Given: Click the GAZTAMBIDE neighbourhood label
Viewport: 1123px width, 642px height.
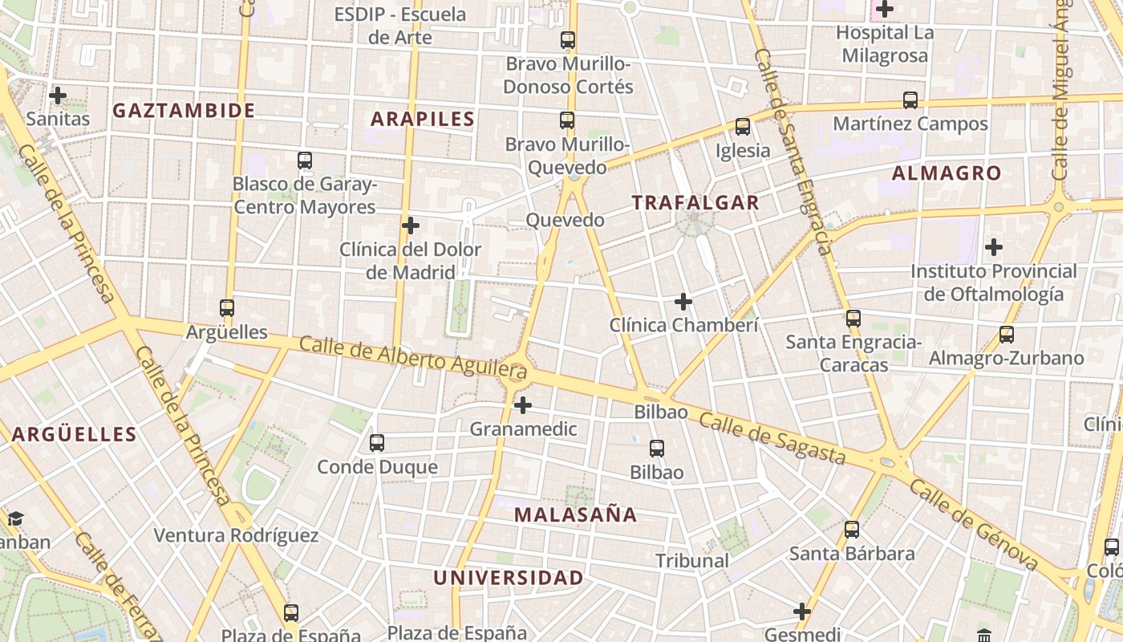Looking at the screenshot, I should (184, 111).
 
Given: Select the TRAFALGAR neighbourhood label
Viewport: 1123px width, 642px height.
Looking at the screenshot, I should (695, 203).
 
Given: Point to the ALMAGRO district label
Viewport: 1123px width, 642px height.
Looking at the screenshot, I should (947, 173).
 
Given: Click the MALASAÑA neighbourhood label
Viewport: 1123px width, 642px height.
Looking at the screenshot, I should (576, 515).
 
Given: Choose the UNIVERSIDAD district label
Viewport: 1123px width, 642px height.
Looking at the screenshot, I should (509, 578).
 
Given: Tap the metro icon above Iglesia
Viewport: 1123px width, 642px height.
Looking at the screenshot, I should (743, 127).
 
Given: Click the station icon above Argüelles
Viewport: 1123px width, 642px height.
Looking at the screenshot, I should (227, 308).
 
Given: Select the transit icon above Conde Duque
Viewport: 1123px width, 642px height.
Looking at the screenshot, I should (377, 443).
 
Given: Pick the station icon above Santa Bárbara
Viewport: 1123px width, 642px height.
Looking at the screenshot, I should (852, 530).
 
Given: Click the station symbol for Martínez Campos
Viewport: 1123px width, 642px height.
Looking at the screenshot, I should (910, 100).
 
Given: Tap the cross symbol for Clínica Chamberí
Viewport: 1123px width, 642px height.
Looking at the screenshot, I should (683, 302).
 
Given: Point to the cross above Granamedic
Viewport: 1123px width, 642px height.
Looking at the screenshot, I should (523, 405).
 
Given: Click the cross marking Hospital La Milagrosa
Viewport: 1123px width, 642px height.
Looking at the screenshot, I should (885, 10).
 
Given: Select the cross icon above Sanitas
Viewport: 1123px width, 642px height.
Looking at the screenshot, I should (58, 95).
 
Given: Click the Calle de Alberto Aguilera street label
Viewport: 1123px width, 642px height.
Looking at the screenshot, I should (413, 357).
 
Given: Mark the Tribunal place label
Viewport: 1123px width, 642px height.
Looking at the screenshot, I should (692, 561).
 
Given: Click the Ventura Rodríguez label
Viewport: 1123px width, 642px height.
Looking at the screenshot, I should (236, 536).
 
